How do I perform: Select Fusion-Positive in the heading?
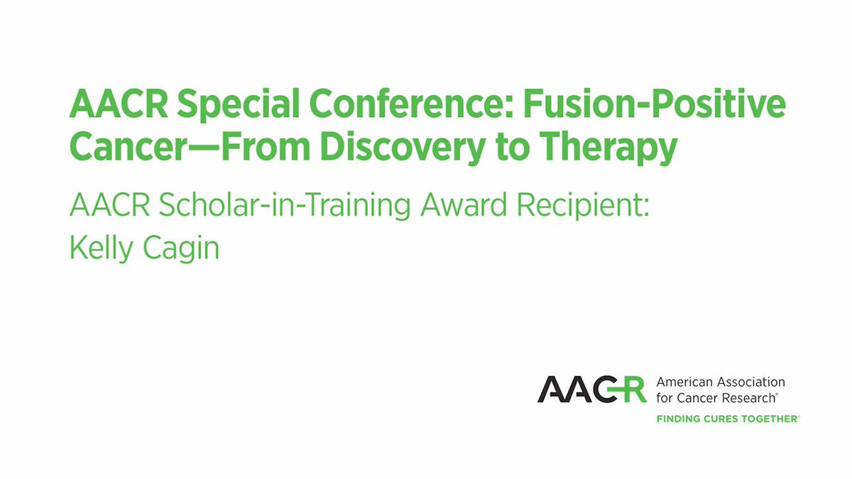click(654, 104)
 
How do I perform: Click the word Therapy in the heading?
click(608, 148)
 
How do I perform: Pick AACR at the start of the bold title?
click(119, 104)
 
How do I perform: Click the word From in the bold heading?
click(266, 147)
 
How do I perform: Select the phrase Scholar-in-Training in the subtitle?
click(285, 206)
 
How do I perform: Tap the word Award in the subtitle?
click(464, 205)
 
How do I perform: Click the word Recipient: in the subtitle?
click(583, 206)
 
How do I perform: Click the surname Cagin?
click(181, 249)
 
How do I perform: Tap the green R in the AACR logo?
click(632, 390)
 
